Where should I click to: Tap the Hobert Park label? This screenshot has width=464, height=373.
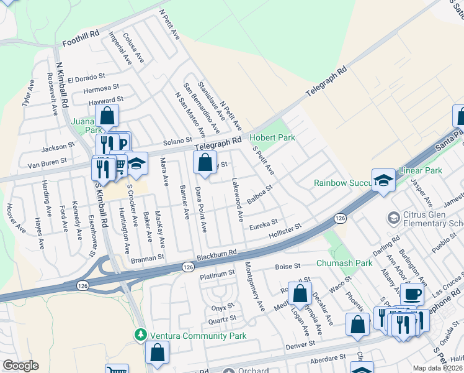point(272,137)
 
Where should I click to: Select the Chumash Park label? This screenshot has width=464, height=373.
point(344,263)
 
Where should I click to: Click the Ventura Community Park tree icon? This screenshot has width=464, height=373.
point(141,336)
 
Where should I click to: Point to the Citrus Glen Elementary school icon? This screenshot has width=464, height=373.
point(393,218)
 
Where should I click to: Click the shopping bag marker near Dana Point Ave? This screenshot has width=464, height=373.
point(205,163)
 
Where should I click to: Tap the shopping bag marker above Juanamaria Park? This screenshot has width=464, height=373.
point(107,116)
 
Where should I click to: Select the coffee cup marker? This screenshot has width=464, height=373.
point(412,293)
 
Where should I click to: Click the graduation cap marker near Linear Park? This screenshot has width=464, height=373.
point(384,180)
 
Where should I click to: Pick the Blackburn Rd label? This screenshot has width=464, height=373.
point(217,254)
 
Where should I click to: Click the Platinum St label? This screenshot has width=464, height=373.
point(217,273)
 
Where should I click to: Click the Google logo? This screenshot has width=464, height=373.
point(20,366)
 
